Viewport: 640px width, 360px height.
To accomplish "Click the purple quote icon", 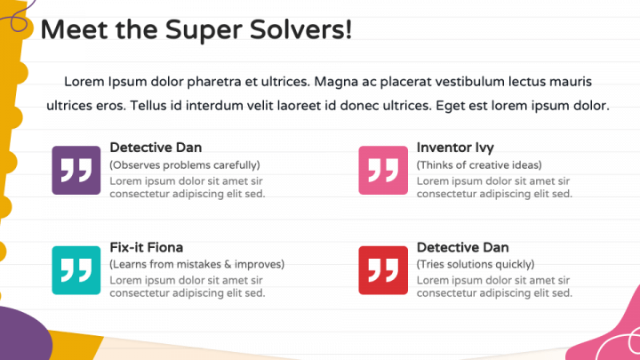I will pyautogui.click(x=76, y=170).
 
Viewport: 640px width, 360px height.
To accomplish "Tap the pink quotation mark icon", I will pyautogui.click(x=383, y=170).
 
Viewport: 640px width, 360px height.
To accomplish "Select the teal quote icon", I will pyautogui.click(x=76, y=270).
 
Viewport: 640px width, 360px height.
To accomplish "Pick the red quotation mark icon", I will pyautogui.click(x=383, y=270).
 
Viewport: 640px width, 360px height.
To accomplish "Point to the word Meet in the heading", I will pyautogui.click(x=68, y=29).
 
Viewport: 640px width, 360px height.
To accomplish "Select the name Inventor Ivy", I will pyautogui.click(x=455, y=148).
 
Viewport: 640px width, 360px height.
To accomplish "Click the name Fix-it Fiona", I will pyautogui.click(x=147, y=247).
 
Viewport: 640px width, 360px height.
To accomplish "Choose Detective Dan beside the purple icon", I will pyautogui.click(x=156, y=148).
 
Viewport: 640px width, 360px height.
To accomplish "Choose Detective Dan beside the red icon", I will pyautogui.click(x=462, y=247).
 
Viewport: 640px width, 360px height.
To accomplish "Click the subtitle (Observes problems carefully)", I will pyautogui.click(x=185, y=164).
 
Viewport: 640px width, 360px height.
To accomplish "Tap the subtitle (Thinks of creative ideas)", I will pyautogui.click(x=479, y=164).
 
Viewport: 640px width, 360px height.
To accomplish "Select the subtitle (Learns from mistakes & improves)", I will pyautogui.click(x=196, y=264).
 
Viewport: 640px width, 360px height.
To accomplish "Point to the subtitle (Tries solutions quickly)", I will pyautogui.click(x=476, y=264).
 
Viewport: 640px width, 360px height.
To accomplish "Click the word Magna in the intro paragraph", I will pyautogui.click(x=336, y=82).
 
